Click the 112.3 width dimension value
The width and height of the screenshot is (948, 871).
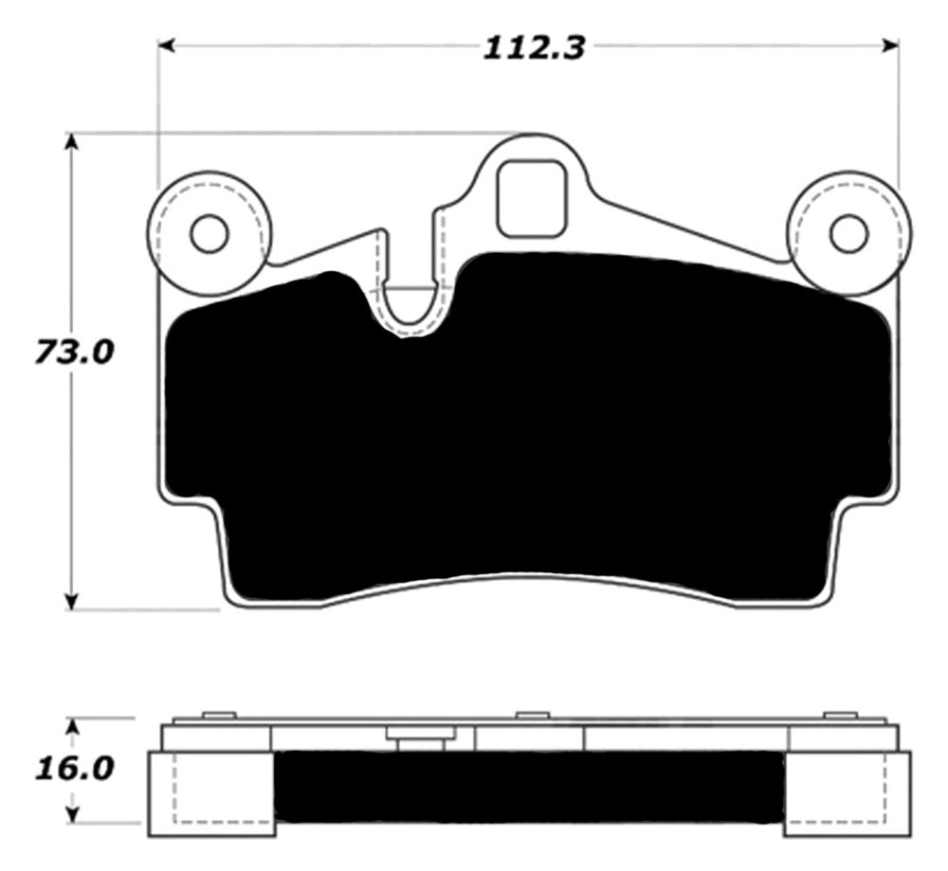tap(534, 47)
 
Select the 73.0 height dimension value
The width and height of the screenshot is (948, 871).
tap(73, 353)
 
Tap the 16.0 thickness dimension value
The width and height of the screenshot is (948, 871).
tap(73, 766)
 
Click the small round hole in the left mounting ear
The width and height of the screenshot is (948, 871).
tap(209, 233)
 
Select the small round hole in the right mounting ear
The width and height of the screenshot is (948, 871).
tap(848, 233)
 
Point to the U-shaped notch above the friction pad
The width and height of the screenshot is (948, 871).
tap(410, 308)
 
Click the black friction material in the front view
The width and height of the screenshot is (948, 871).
tap(531, 426)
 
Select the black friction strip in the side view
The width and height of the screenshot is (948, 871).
tap(529, 787)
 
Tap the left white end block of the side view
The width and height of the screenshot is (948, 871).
tap(210, 793)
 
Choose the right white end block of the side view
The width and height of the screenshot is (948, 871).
tap(848, 793)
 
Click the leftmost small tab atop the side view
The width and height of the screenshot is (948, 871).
tap(219, 716)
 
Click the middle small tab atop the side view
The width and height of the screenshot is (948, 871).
tap(533, 716)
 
